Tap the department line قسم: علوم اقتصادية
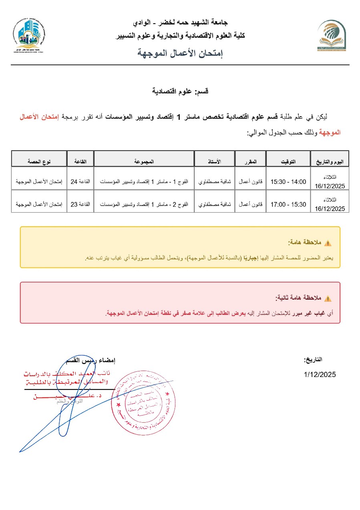(180, 91)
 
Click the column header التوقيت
(288, 161)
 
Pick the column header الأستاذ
(214, 161)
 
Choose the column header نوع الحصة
(38, 161)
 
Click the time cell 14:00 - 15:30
(288, 181)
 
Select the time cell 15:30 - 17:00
(288, 204)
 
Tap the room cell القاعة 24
(80, 181)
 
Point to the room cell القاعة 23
(80, 204)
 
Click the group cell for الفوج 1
(144, 181)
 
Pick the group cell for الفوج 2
(144, 204)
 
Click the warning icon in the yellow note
(328, 243)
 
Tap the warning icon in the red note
(328, 298)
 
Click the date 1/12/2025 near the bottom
(320, 375)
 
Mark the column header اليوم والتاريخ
(330, 161)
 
